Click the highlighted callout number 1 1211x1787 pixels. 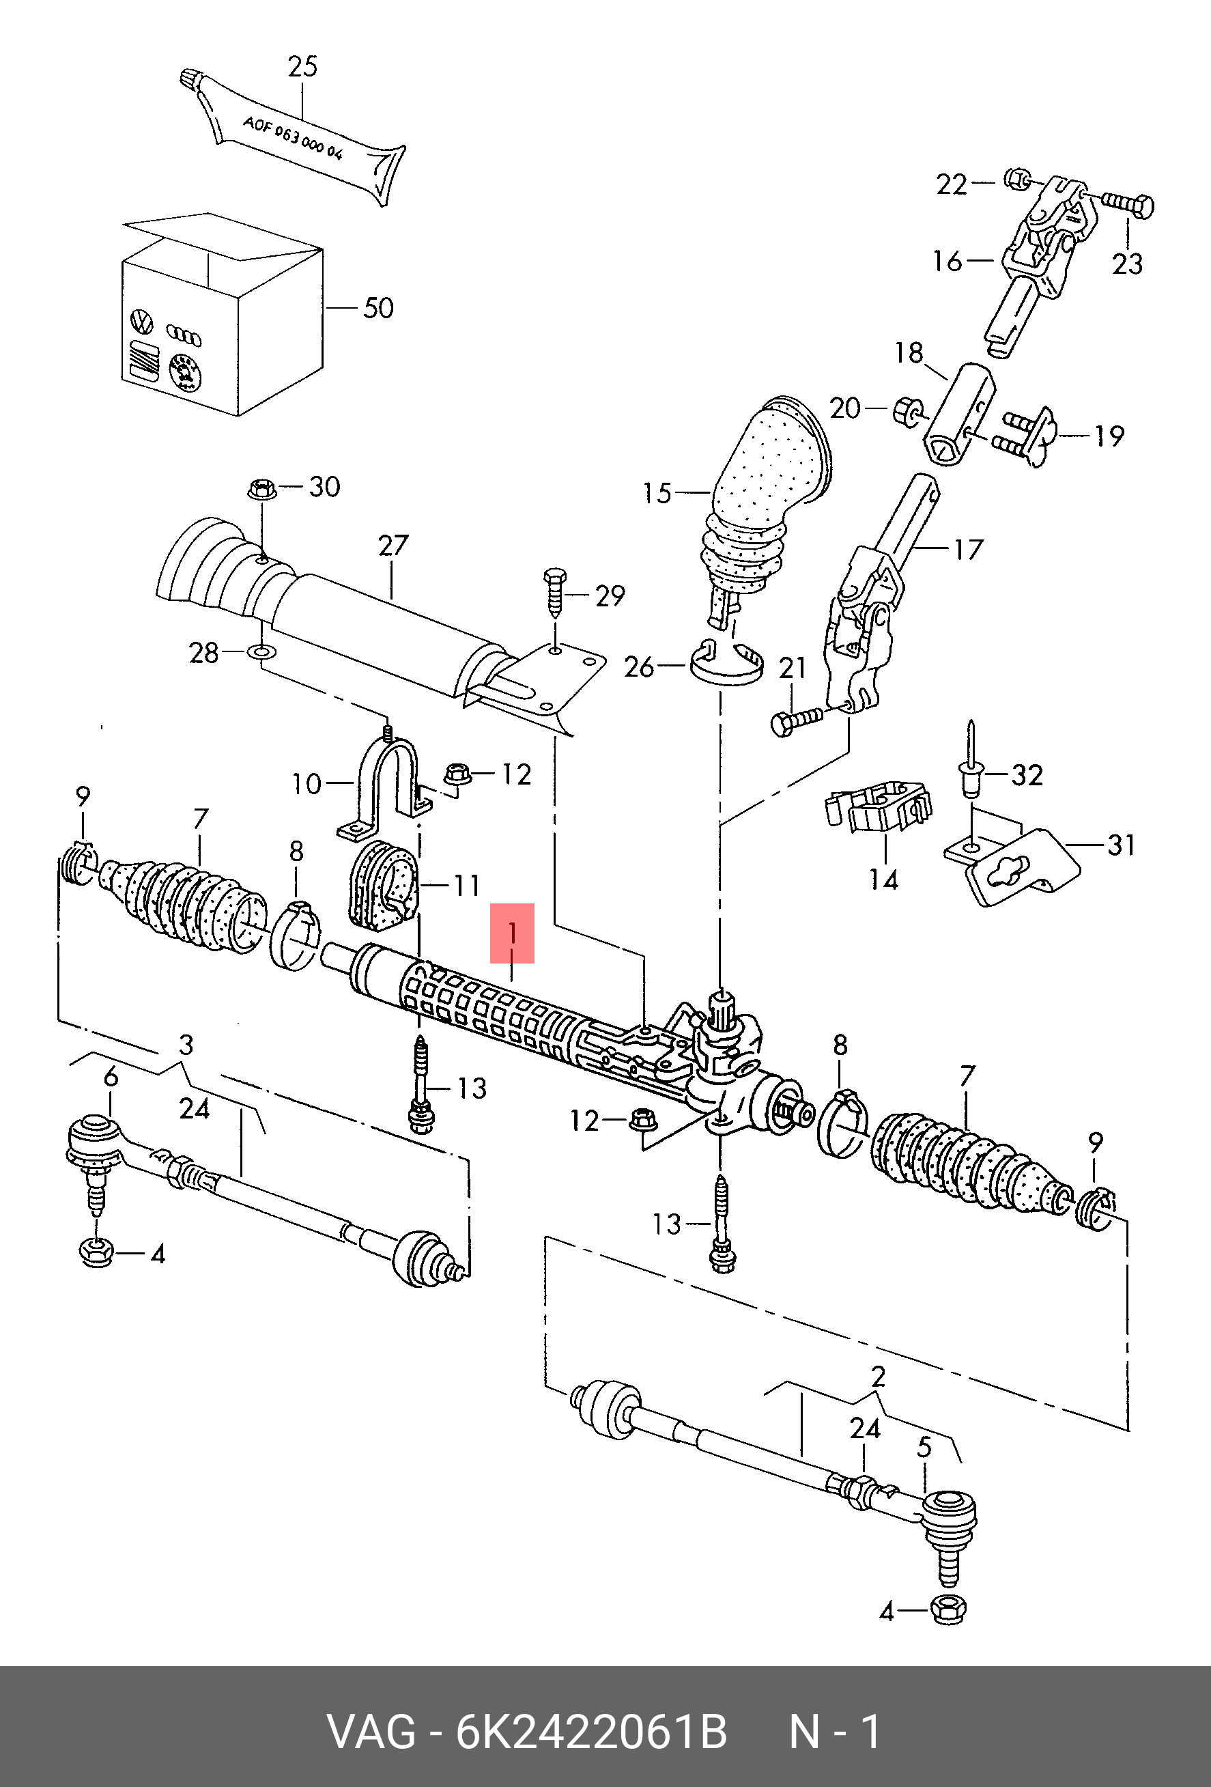tap(512, 933)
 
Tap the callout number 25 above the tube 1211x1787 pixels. tap(302, 67)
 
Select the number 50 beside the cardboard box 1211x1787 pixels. tap(378, 309)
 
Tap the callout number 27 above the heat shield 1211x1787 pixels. tap(393, 546)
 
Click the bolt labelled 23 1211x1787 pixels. tap(1128, 205)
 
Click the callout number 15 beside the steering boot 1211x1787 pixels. tap(657, 493)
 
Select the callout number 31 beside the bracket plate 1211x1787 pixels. tap(1121, 845)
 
